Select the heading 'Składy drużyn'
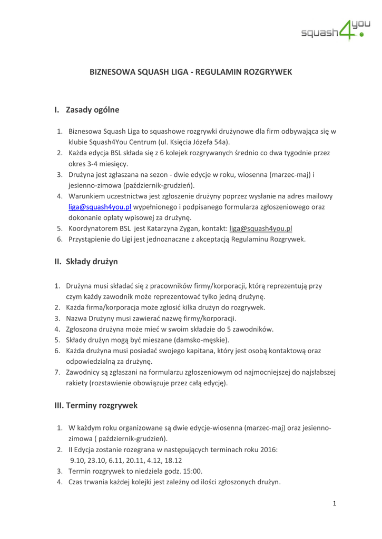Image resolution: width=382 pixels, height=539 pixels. point(92,262)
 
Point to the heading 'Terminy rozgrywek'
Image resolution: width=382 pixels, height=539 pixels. point(103,405)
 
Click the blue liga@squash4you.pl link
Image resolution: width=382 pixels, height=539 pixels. point(100,207)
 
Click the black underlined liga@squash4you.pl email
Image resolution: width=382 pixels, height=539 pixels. point(261,228)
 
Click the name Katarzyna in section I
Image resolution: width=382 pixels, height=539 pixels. point(164,228)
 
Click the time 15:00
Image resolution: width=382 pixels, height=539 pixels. point(191,471)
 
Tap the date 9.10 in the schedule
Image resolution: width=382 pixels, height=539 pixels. point(77,460)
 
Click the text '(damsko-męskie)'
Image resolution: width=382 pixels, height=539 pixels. point(203,340)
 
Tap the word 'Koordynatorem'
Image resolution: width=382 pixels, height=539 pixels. point(93,228)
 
